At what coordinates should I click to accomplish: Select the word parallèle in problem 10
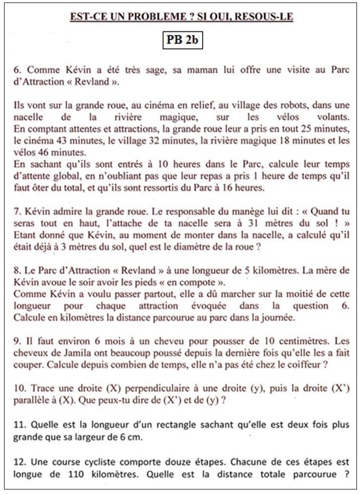pos(31,400)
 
